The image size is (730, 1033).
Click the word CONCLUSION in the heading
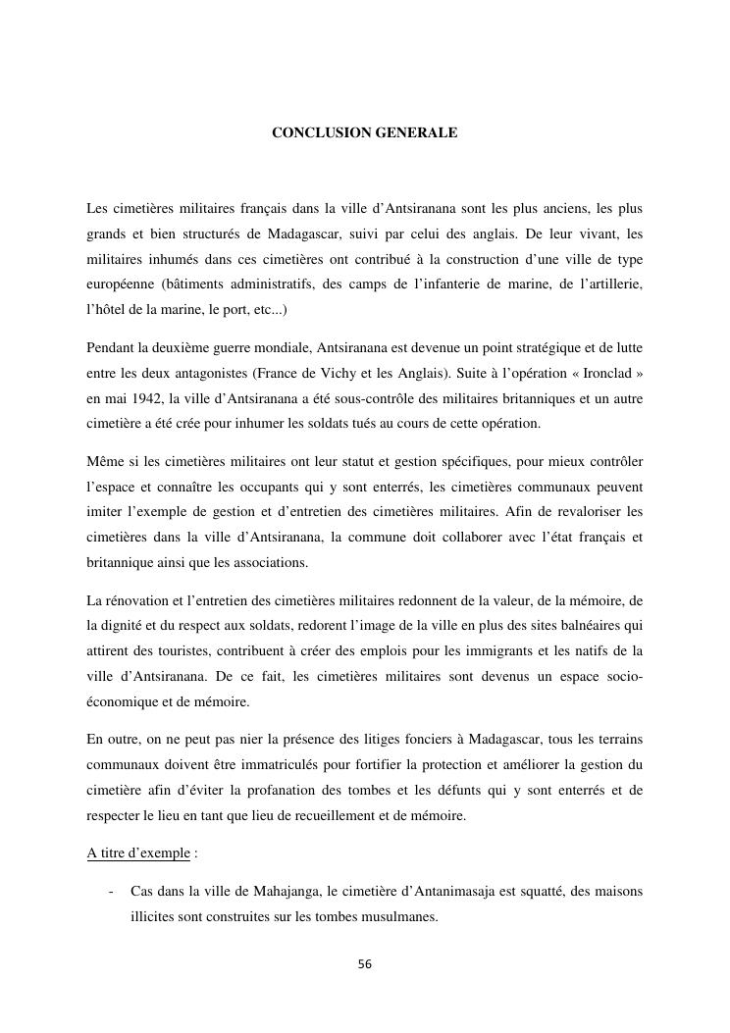tap(318, 130)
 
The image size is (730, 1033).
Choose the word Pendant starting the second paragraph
tap(111, 349)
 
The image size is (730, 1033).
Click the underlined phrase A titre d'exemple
tap(137, 852)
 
